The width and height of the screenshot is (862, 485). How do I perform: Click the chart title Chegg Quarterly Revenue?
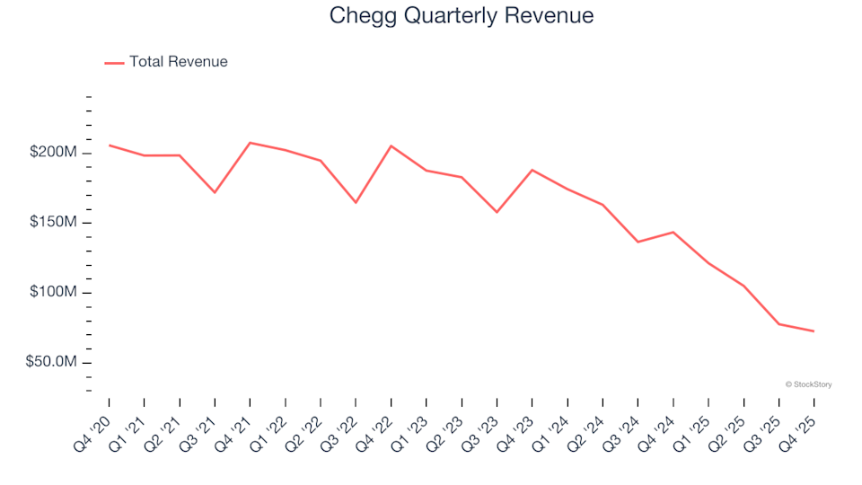pyautogui.click(x=462, y=16)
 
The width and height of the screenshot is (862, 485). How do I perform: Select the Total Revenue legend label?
pyautogui.click(x=178, y=62)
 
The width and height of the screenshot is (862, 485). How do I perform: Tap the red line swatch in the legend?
pyautogui.click(x=114, y=63)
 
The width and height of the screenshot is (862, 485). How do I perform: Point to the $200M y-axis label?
pyautogui.click(x=54, y=153)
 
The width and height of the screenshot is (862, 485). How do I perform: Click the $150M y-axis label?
pyautogui.click(x=54, y=223)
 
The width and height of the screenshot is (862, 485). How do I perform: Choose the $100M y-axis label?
pyautogui.click(x=54, y=293)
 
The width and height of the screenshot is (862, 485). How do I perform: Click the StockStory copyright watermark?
pyautogui.click(x=808, y=384)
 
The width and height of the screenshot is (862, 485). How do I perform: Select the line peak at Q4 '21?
pyautogui.click(x=250, y=143)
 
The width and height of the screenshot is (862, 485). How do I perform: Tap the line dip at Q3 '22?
pyautogui.click(x=356, y=202)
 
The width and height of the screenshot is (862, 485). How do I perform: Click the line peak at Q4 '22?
pyautogui.click(x=391, y=145)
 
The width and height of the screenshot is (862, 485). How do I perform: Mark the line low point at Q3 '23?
pyautogui.click(x=497, y=212)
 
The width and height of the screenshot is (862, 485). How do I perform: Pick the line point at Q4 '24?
pyautogui.click(x=673, y=232)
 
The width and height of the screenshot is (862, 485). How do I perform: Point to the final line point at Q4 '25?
pyautogui.click(x=814, y=331)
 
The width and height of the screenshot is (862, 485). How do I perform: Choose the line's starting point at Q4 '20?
pyautogui.click(x=109, y=145)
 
